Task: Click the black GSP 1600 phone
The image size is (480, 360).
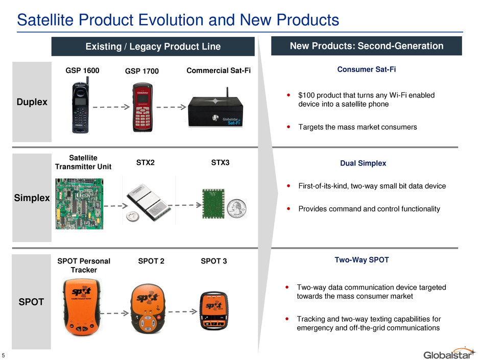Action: pyautogui.click(x=81, y=105)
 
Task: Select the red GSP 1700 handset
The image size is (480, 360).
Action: pyautogui.click(x=142, y=107)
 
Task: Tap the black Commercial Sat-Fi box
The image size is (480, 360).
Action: pyautogui.click(x=215, y=111)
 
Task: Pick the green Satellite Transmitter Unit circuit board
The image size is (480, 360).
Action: pyautogui.click(x=79, y=204)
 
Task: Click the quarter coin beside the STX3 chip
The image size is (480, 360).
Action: pyautogui.click(x=236, y=208)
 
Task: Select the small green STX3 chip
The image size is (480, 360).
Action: pyautogui.click(x=213, y=204)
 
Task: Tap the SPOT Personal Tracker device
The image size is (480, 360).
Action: pyautogui.click(x=82, y=306)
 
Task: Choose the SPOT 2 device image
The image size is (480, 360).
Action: pyautogui.click(x=148, y=308)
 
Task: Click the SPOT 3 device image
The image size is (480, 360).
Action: pyautogui.click(x=214, y=310)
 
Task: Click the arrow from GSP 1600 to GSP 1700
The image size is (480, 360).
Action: pyautogui.click(x=111, y=107)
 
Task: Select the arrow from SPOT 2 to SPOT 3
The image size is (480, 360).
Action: pyautogui.click(x=182, y=311)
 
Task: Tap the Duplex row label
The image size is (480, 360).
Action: pyautogui.click(x=32, y=102)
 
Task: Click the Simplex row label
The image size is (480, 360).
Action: pyautogui.click(x=32, y=198)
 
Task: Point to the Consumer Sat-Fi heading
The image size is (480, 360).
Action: pyautogui.click(x=367, y=69)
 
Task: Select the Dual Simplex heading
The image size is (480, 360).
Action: pyautogui.click(x=363, y=163)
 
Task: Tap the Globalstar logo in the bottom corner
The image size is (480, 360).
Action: pyautogui.click(x=449, y=353)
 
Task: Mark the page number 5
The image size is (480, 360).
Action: pyautogui.click(x=4, y=355)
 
